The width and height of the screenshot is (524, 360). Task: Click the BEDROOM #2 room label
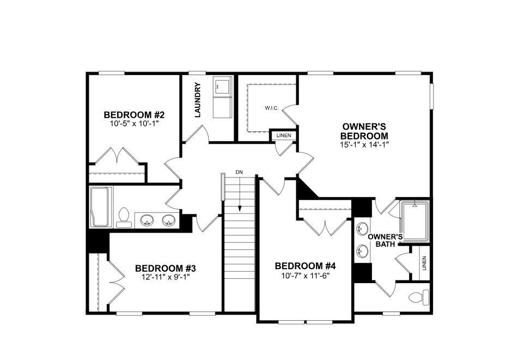[x=134, y=115]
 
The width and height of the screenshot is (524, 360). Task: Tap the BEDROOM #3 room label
[x=165, y=268]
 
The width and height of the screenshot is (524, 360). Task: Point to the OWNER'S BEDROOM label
[x=364, y=131]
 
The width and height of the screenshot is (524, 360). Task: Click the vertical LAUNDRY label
[x=198, y=100]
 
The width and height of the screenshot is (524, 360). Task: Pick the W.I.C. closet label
[x=272, y=108]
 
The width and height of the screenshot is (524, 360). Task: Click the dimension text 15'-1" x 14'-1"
[x=364, y=144]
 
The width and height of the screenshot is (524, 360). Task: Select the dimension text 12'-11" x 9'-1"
[x=165, y=277]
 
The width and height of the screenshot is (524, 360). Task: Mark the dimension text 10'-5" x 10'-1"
[x=134, y=124]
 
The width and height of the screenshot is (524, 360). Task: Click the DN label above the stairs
[x=239, y=172]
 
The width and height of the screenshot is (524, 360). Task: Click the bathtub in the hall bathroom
[x=101, y=207]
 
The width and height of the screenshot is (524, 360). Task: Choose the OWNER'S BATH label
[x=385, y=240]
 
